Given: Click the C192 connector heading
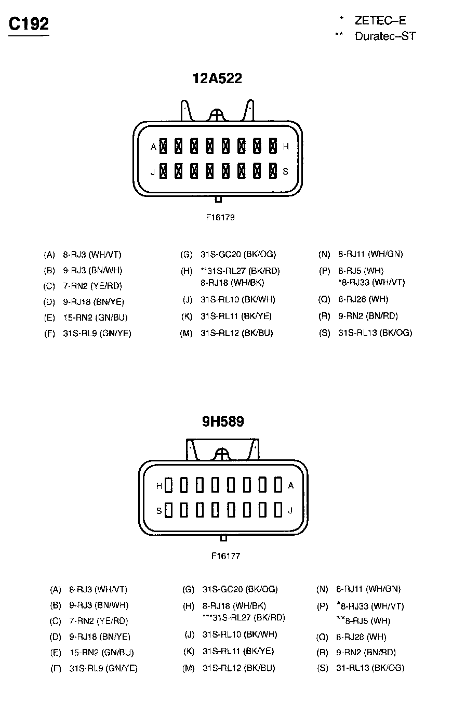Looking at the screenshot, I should coord(29,24).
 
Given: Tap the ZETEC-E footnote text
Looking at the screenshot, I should coord(380,21).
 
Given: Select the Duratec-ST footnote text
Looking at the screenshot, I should coord(385,36).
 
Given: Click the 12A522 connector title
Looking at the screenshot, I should coord(217,78).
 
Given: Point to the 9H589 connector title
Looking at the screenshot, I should coord(223,421).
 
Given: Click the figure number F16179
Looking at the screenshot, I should coord(220,217).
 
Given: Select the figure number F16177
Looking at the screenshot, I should coord(225,556).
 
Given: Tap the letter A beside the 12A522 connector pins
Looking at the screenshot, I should coord(153,147).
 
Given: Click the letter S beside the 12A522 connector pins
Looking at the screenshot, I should coord(285,171).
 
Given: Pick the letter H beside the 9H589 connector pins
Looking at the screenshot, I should coord(159,486).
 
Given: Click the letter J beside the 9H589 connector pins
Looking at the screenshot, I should coord(290,510).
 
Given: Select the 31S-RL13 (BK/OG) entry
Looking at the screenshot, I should coord(375,333).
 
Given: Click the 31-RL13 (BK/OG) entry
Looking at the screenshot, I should coord(370,668).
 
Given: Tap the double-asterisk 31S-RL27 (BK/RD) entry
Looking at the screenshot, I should coord(240,271).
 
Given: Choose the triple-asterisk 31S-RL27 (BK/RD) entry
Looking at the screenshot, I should coord(243,617).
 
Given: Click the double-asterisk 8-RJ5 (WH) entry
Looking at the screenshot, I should coord(363,620).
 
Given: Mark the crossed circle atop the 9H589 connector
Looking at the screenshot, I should coord(222,455).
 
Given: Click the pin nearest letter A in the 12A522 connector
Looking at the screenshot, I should coord(163,146).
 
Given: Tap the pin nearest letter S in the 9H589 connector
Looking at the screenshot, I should coord(168,510).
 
